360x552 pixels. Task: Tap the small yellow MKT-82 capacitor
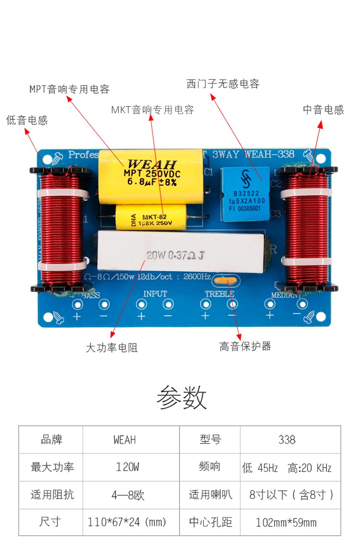coord(151,216)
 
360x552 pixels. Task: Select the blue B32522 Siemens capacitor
coord(245,194)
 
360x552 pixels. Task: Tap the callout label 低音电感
coord(27,120)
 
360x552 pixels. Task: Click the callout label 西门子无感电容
coord(223,84)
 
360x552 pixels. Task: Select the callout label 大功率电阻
coord(112,348)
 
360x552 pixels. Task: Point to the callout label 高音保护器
coord(245,346)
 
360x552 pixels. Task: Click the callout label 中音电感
coord(324,109)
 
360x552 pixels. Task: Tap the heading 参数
coord(181,397)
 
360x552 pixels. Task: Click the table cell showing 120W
coord(128,467)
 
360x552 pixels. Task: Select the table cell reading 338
coord(287,439)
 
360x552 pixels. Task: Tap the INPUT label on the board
coord(155,294)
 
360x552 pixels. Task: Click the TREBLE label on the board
coord(219,294)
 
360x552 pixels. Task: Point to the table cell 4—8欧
coord(128,495)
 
